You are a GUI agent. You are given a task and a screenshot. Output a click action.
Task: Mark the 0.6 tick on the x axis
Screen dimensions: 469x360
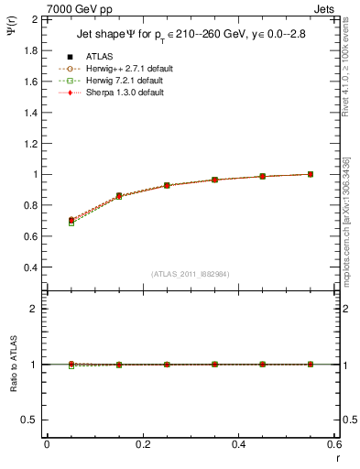334,444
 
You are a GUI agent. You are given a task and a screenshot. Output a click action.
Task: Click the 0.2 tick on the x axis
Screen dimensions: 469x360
142,444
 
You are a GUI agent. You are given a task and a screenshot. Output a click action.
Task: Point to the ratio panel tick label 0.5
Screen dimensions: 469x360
32,420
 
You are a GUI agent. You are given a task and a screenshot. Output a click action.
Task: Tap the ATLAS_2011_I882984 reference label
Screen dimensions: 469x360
191,274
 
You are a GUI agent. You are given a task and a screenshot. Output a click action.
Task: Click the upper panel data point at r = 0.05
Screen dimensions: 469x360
71,221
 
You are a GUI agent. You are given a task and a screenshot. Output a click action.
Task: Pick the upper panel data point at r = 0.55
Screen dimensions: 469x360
311,174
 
